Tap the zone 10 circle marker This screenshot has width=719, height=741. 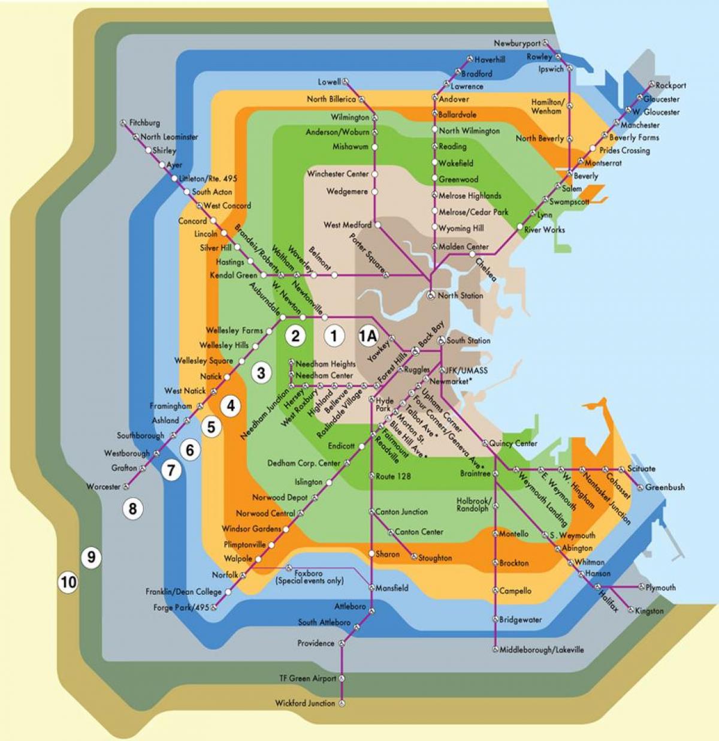coord(68,582)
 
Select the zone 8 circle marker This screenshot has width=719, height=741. coord(132,509)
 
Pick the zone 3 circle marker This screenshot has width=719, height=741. coord(261,373)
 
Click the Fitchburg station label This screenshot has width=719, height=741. coord(144,122)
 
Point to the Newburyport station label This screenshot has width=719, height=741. coord(516,43)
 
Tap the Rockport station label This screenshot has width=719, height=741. coord(670,86)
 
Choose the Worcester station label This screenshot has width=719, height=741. coord(102,487)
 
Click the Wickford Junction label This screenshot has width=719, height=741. coord(305,703)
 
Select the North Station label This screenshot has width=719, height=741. coord(460,296)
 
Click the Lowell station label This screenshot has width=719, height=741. coord(329,82)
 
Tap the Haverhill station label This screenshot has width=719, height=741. coord(490,60)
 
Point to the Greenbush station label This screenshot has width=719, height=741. coord(664,487)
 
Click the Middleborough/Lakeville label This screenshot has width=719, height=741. coord(542,649)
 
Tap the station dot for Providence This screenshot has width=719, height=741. coord(342,643)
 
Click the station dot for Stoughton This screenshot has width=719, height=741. coord(413,558)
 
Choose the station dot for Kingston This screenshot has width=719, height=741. coord(630,610)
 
